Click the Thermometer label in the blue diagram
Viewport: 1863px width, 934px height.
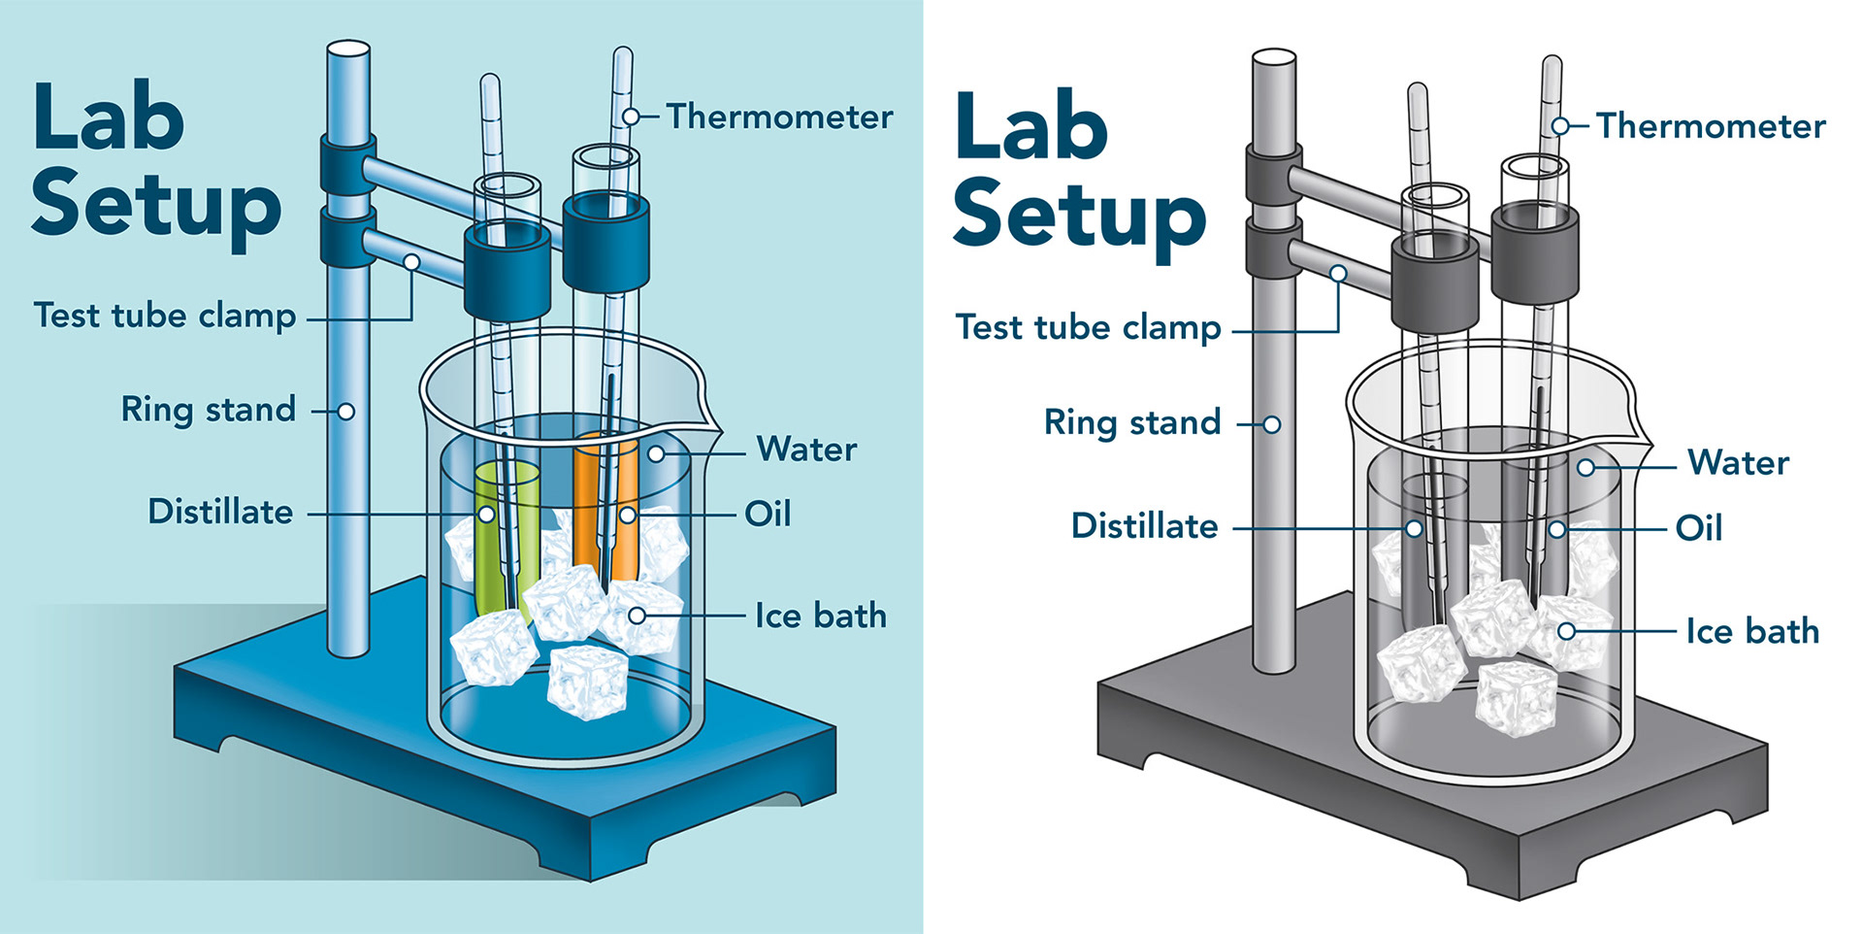click(x=779, y=117)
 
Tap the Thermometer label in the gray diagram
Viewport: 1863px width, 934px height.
click(x=1711, y=126)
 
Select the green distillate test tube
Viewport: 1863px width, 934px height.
click(x=507, y=539)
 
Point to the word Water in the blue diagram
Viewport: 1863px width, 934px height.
click(x=806, y=450)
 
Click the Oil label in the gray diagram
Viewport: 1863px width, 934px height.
click(x=1699, y=528)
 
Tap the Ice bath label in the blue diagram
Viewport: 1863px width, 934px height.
click(x=821, y=616)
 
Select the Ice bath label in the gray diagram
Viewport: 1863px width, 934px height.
click(x=1752, y=631)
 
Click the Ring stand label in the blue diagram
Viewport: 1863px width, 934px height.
click(x=209, y=410)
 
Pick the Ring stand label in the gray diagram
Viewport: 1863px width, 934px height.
click(x=1132, y=422)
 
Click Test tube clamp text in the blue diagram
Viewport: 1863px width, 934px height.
click(x=165, y=316)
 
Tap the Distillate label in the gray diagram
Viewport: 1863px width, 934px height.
click(x=1145, y=525)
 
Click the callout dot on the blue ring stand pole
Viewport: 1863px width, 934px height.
click(x=345, y=412)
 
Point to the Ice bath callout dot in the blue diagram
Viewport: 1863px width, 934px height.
click(x=637, y=616)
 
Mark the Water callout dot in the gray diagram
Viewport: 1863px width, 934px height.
click(x=1586, y=468)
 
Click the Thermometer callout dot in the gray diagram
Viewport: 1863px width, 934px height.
click(x=1560, y=126)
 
